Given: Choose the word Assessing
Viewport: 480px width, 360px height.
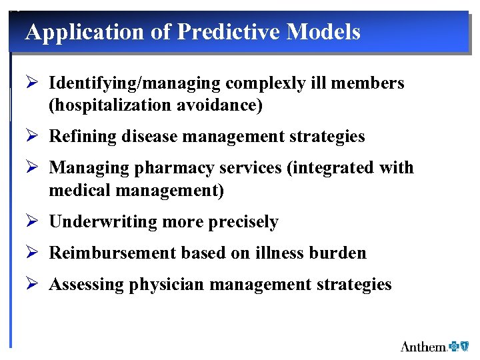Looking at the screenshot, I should [87, 285].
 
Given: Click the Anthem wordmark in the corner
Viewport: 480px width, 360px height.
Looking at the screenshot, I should [423, 346].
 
